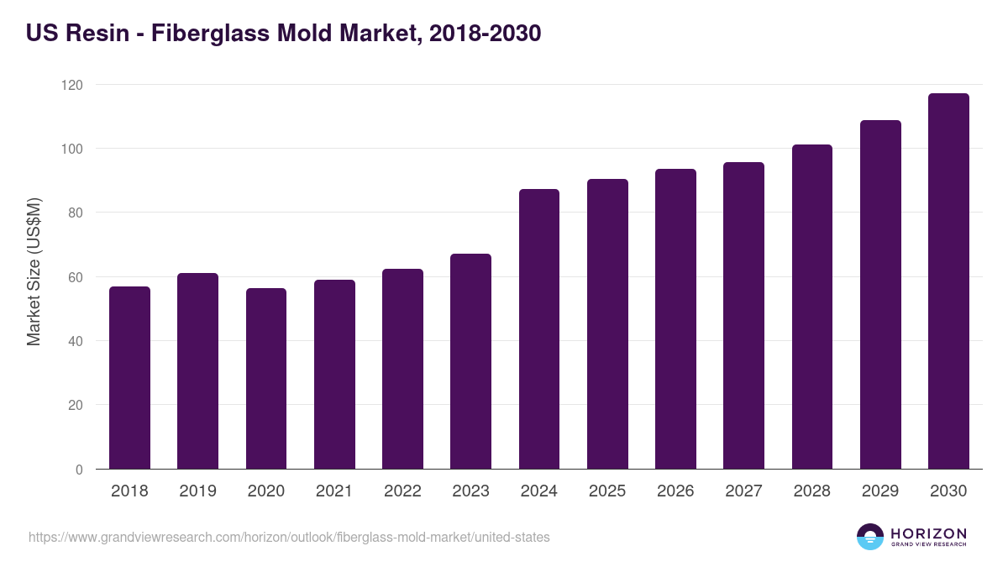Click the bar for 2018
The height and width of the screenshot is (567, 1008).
pos(129,378)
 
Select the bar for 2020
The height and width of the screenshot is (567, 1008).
pos(266,379)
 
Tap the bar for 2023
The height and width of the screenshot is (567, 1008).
pos(470,361)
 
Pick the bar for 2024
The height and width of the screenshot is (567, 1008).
pos(539,329)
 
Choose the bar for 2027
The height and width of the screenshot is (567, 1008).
pos(743,316)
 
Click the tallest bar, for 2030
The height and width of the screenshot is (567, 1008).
pos(948,281)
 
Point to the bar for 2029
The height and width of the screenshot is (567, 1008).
pos(880,295)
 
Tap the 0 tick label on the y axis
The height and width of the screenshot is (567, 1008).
pos(79,470)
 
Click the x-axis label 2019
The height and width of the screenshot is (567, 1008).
pos(197,491)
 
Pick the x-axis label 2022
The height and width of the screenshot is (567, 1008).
pos(402,491)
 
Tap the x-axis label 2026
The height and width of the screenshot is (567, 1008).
pos(675,491)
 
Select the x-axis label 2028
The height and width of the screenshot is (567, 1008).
pos(811,491)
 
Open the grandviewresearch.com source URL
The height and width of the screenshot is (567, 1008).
pos(289,537)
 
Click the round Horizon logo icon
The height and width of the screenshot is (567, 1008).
pos(870,537)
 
